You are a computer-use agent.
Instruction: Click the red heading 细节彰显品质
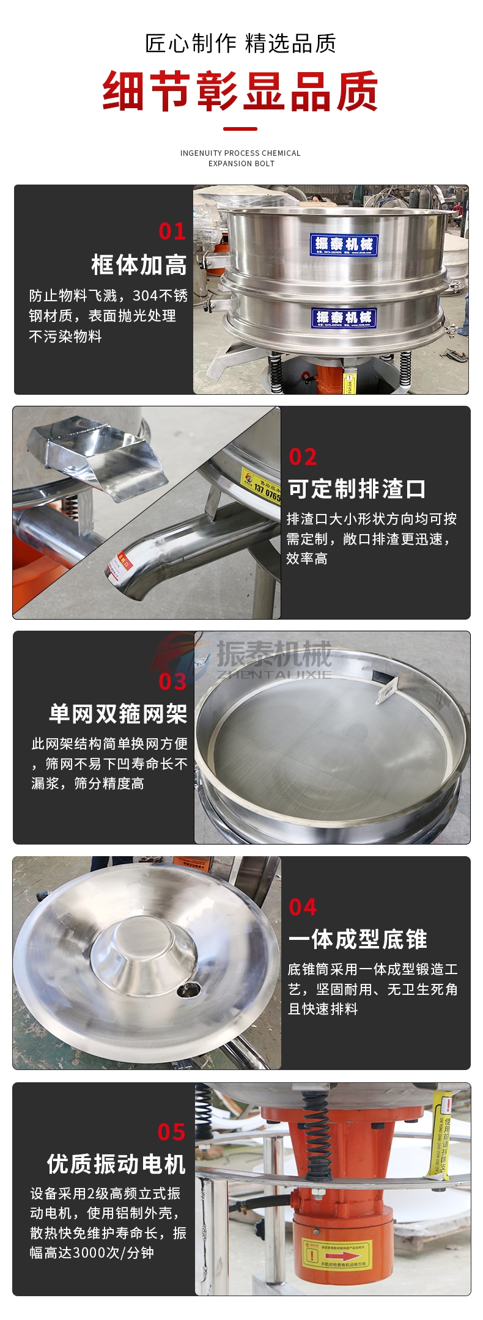pyautogui.click(x=240, y=92)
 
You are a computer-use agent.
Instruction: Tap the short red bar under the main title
pyautogui.click(x=240, y=129)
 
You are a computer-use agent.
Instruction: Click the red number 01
pyautogui.click(x=172, y=231)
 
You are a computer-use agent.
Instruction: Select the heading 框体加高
pyautogui.click(x=139, y=265)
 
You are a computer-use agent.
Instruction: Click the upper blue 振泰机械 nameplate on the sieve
pyautogui.click(x=343, y=244)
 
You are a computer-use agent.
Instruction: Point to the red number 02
pyautogui.click(x=303, y=457)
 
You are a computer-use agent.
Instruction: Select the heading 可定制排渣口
pyautogui.click(x=356, y=489)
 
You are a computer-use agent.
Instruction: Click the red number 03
pyautogui.click(x=172, y=681)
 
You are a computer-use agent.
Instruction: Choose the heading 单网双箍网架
pyautogui.click(x=118, y=714)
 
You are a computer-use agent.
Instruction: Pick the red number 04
pyautogui.click(x=303, y=908)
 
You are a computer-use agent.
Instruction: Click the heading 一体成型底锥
pyautogui.click(x=357, y=939)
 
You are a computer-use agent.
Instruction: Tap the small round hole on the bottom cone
pyautogui.click(x=188, y=989)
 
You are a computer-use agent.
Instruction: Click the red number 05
pyautogui.click(x=171, y=1132)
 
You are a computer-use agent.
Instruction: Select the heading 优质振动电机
pyautogui.click(x=116, y=1164)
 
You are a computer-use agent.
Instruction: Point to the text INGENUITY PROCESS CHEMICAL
pyautogui.click(x=240, y=153)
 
